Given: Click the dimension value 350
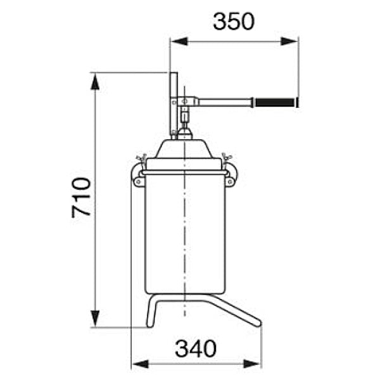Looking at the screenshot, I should (233, 21).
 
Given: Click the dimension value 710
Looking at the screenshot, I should (82, 198).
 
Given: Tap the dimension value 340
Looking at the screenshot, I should (196, 348).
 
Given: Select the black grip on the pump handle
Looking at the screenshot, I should (274, 101).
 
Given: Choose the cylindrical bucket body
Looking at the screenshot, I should (185, 234).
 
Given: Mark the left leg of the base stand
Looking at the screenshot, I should (152, 312).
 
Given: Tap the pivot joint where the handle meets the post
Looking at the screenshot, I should (184, 101).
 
